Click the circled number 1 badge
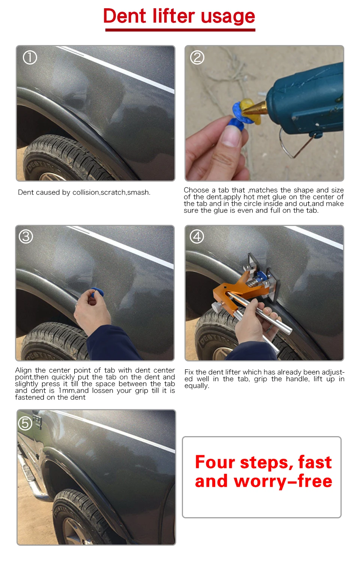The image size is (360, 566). (x=30, y=57)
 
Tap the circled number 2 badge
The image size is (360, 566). (x=197, y=57)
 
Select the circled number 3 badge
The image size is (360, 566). (x=26, y=236)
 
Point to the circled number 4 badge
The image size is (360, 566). (x=197, y=236)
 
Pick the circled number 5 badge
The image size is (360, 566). (x=25, y=423)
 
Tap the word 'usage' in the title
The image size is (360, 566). (x=228, y=18)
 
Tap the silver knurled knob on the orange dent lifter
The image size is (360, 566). (x=216, y=307)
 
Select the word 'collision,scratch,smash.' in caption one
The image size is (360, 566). (x=111, y=193)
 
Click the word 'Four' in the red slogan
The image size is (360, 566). (x=215, y=462)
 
